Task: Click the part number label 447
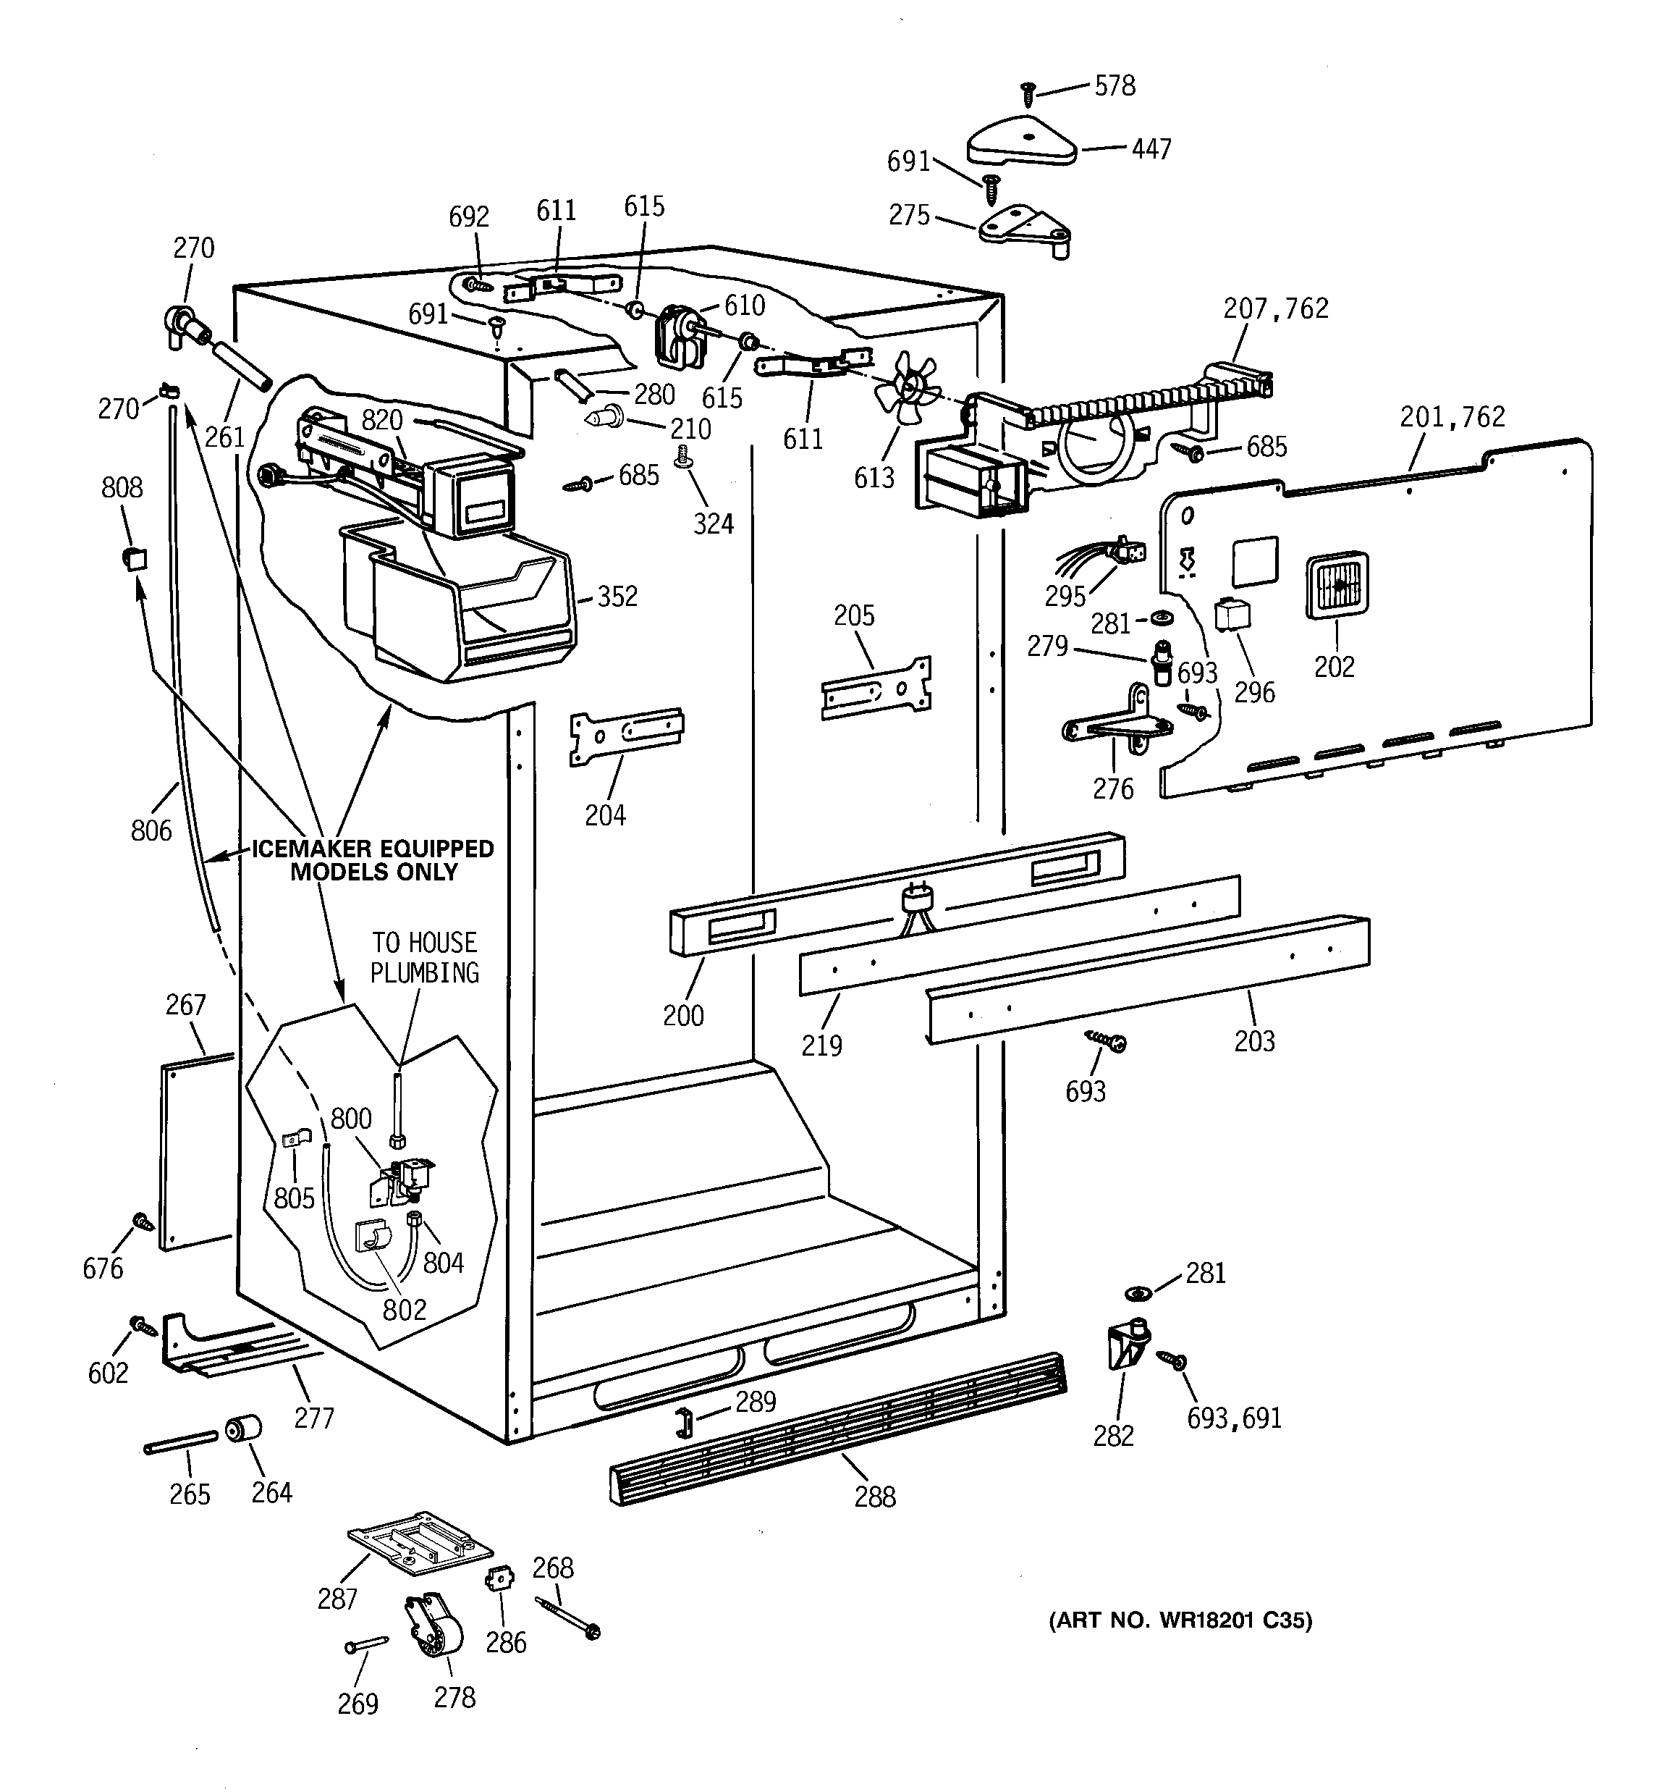click(1151, 148)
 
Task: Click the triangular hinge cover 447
click(1022, 143)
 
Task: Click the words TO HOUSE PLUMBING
click(425, 957)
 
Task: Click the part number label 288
click(874, 1497)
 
